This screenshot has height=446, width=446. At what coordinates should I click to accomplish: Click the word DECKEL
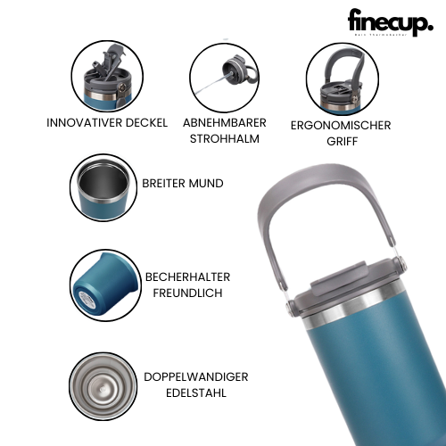coord(145,122)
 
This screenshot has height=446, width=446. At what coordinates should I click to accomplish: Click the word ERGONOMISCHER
coord(341,126)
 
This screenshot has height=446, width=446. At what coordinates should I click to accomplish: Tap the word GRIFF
coord(341,142)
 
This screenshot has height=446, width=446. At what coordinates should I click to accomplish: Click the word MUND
coord(206,183)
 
